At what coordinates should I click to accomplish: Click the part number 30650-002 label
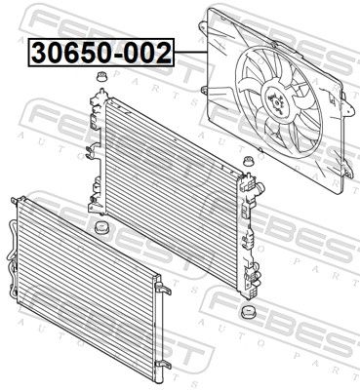coord(101,53)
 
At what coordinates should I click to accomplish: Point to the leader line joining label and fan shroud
coord(191,53)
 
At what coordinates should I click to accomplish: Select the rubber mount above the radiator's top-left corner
coord(101,77)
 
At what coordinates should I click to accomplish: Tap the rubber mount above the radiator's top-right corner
coord(249,161)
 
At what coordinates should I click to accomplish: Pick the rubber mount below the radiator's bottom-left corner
coord(100,227)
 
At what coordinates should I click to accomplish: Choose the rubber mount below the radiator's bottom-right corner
coord(248,311)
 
